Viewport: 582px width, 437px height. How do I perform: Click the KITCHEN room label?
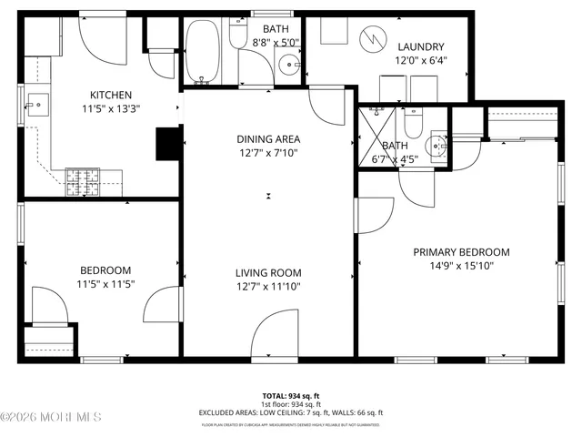point(111,95)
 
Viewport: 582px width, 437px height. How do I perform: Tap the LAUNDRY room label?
point(420,46)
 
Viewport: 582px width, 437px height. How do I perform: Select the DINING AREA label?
point(268,138)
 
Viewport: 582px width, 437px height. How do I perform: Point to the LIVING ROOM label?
point(268,272)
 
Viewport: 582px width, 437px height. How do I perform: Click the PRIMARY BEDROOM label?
point(461,252)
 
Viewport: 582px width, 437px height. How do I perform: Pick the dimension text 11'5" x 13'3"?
point(111,108)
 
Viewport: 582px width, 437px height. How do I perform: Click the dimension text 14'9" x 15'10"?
point(461,266)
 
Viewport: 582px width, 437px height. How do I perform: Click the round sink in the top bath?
point(289,64)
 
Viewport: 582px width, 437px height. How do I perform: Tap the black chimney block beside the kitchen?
point(169,143)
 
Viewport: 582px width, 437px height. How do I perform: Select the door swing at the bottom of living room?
point(276,336)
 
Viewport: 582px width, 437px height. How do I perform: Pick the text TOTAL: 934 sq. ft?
point(291,395)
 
